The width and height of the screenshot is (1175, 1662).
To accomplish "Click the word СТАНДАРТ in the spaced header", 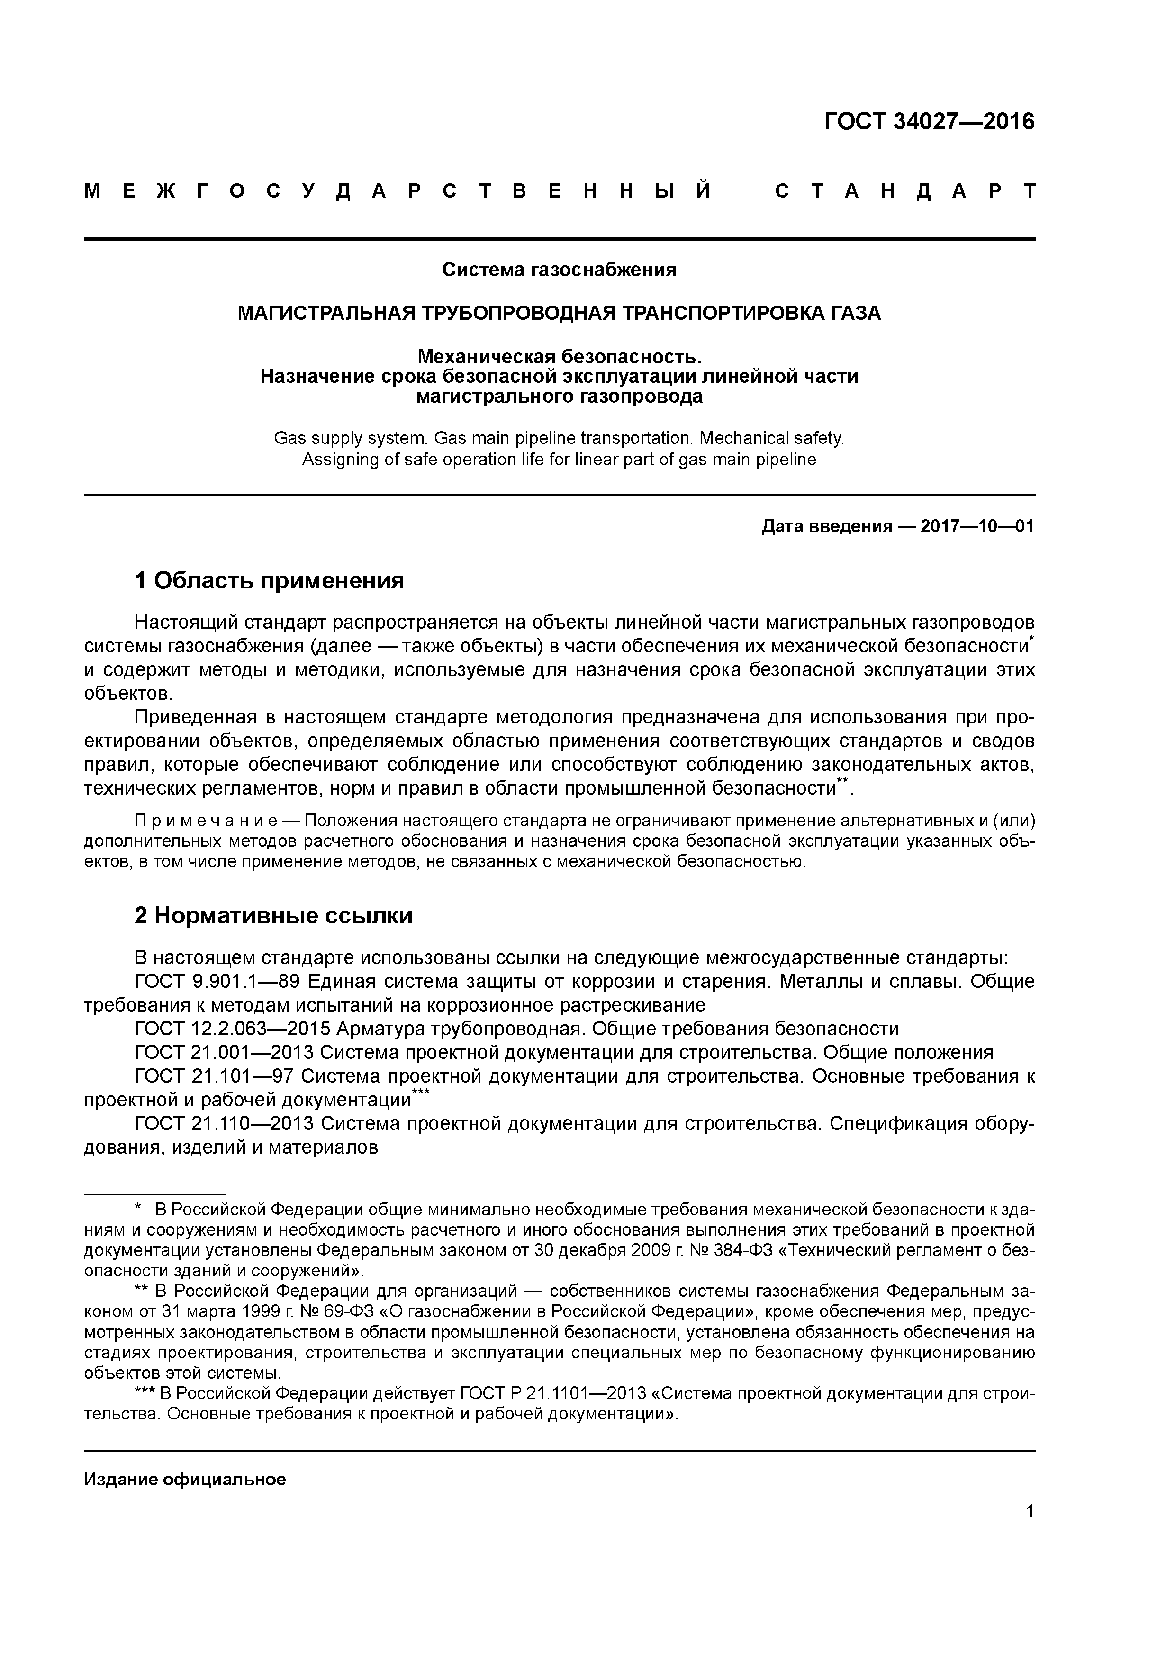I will pyautogui.click(x=905, y=192).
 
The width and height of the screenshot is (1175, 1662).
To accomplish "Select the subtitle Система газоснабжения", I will pyautogui.click(x=559, y=270).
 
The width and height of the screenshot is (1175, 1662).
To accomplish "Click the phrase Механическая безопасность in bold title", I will pyautogui.click(x=559, y=357).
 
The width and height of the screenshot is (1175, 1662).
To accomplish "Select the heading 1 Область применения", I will pyautogui.click(x=269, y=580).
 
